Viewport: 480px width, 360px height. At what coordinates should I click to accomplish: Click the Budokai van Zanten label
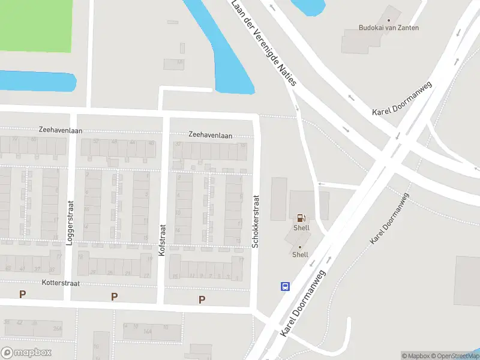click(388, 28)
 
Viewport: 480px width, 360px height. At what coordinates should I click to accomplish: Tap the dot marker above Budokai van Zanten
click(388, 20)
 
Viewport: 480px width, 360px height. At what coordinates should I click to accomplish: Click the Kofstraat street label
click(161, 240)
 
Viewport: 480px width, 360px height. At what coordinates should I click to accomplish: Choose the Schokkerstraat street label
click(255, 221)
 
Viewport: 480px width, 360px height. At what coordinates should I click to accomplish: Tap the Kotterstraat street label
click(61, 282)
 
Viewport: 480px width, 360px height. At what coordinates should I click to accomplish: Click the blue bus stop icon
click(285, 286)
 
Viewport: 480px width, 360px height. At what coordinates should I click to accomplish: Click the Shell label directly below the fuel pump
click(301, 228)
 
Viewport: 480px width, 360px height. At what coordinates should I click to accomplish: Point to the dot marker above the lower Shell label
click(300, 247)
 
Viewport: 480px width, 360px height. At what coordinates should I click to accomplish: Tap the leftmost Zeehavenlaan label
click(60, 130)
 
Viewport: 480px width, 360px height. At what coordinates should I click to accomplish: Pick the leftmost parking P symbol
click(23, 294)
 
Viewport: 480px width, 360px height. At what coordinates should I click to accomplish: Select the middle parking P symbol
click(114, 296)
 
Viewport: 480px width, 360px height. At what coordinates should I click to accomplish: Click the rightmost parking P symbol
click(202, 299)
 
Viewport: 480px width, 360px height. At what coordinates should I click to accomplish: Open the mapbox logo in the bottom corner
click(26, 353)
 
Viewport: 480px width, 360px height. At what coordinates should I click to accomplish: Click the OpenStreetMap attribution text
click(453, 356)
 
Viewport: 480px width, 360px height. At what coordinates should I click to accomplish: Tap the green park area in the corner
click(36, 24)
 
